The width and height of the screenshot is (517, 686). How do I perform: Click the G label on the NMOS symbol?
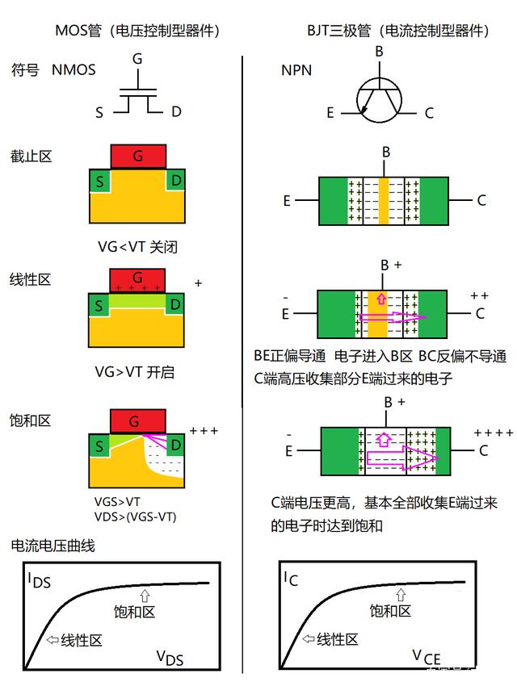click(x=137, y=60)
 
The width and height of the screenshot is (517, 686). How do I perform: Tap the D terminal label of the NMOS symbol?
click(x=176, y=112)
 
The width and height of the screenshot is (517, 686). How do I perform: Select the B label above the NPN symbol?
click(x=378, y=52)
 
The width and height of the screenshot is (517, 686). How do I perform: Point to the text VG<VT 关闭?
click(x=135, y=246)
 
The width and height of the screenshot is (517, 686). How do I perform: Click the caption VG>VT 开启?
click(x=135, y=372)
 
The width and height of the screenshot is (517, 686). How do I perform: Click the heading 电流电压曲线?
click(x=53, y=546)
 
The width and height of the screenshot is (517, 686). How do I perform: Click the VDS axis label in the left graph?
click(x=170, y=659)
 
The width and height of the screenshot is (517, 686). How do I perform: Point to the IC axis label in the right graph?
click(x=292, y=578)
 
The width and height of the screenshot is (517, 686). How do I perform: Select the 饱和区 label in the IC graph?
click(x=391, y=611)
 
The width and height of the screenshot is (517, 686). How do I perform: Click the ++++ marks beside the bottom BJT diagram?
click(x=493, y=433)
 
